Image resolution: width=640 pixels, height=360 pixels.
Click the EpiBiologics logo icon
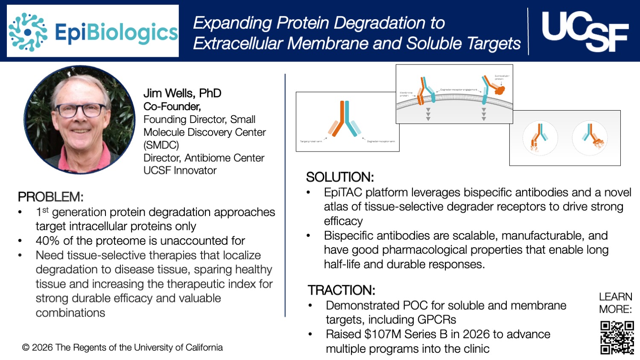(x=28, y=32)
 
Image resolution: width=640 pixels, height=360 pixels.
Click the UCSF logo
(x=584, y=31)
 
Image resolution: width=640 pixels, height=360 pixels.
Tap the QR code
(x=617, y=337)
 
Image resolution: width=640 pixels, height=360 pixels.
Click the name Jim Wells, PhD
(x=182, y=93)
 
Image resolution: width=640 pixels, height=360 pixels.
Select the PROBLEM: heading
(x=50, y=197)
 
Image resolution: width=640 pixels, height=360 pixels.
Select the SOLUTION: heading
(x=340, y=177)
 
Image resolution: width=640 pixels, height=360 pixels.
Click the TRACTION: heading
(x=342, y=290)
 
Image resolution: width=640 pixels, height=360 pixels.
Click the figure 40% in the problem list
(x=47, y=241)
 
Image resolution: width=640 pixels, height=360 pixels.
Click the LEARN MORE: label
(x=615, y=303)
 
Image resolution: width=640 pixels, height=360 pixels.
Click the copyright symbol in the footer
(x=26, y=348)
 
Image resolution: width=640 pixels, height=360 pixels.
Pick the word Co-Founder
(x=172, y=106)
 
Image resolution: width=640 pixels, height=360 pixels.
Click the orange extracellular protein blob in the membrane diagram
(x=499, y=90)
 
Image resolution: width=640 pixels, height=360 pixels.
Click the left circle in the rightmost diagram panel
(x=540, y=138)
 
